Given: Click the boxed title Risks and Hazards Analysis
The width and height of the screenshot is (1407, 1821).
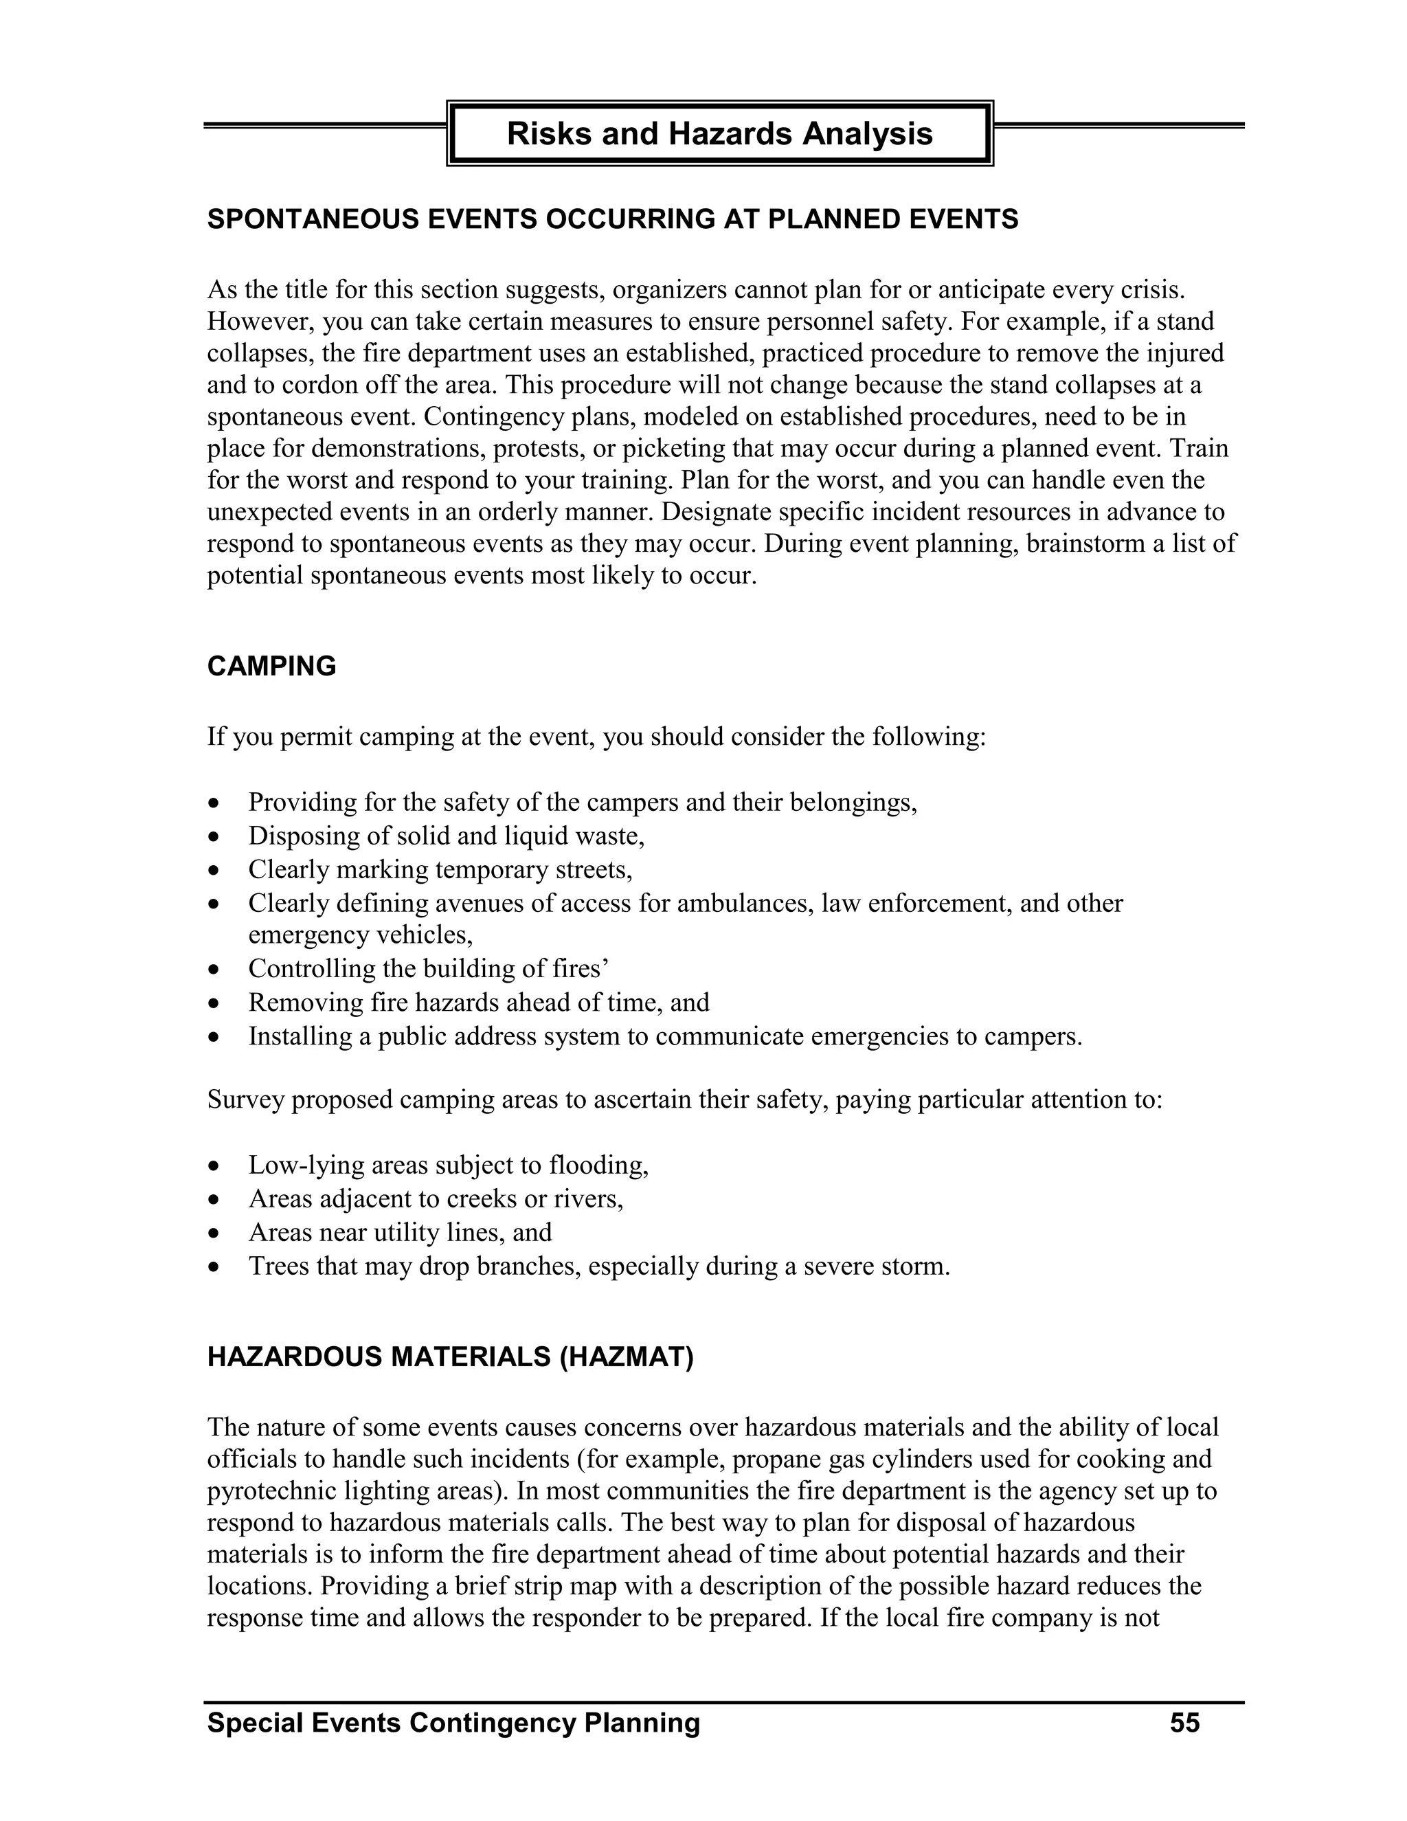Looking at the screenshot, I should tap(719, 133).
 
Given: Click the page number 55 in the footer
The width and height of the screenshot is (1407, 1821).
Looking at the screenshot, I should tap(1184, 1723).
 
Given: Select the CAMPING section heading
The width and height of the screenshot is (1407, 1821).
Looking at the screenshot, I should tap(272, 666).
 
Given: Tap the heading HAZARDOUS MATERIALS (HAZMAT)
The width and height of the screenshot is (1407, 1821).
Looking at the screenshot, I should tap(450, 1356).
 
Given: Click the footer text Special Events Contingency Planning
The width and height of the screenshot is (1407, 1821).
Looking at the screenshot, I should tap(453, 1723).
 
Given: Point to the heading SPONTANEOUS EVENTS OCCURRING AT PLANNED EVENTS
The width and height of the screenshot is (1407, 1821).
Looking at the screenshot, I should tap(613, 219).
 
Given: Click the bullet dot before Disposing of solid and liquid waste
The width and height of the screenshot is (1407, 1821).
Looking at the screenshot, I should tap(216, 836).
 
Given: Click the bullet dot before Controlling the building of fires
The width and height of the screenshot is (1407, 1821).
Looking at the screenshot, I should tap(216, 970).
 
